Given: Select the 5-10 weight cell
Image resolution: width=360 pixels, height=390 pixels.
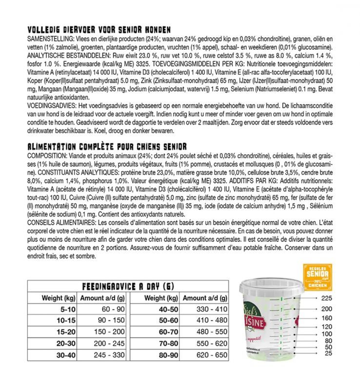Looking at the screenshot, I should click(x=53, y=309).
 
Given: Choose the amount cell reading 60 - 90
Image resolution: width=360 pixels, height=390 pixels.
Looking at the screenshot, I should click(x=103, y=309).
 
